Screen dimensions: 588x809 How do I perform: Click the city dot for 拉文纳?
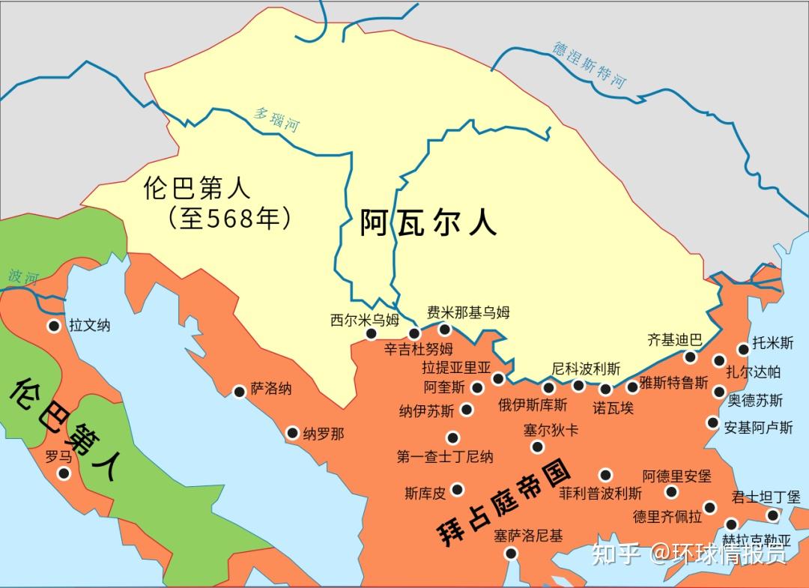(x=54, y=326)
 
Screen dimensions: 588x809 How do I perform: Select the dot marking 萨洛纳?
(x=240, y=392)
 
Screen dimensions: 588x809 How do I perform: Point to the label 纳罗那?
(x=324, y=434)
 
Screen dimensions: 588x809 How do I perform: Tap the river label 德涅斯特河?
(x=589, y=64)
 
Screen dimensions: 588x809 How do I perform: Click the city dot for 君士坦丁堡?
(x=773, y=515)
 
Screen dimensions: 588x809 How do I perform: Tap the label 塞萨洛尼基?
(x=527, y=536)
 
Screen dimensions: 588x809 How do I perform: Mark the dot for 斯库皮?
(x=457, y=489)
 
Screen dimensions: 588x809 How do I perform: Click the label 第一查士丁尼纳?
(x=445, y=456)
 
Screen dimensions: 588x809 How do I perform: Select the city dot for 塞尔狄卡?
(x=537, y=447)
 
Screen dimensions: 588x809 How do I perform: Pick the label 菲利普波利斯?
(x=600, y=494)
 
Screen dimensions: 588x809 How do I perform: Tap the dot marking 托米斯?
(x=743, y=348)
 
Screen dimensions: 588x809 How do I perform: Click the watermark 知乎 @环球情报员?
(x=689, y=554)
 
